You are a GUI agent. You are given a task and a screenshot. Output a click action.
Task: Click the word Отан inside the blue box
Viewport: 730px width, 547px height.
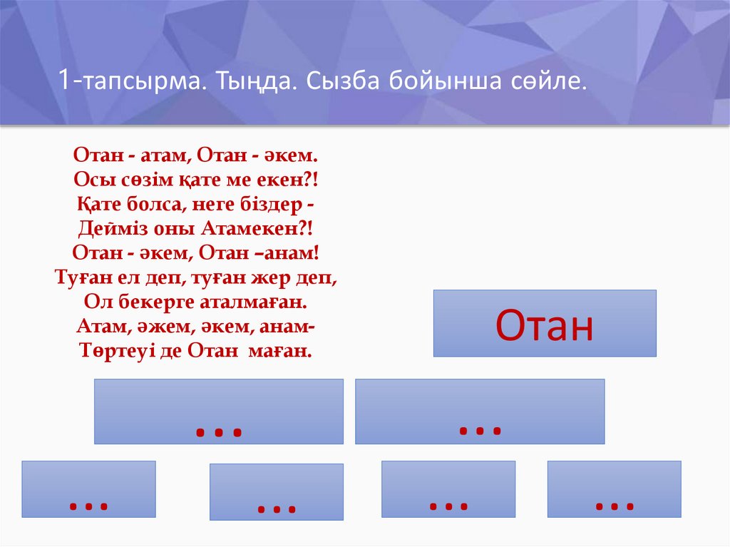click(545, 325)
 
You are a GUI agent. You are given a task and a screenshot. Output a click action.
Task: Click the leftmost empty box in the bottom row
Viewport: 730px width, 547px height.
click(88, 489)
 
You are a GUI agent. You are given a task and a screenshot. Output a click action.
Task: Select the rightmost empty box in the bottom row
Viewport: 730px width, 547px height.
click(614, 489)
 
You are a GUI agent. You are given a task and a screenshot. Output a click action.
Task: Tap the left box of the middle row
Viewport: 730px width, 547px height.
click(218, 411)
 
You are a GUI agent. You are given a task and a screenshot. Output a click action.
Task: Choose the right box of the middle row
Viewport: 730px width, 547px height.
click(480, 411)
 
